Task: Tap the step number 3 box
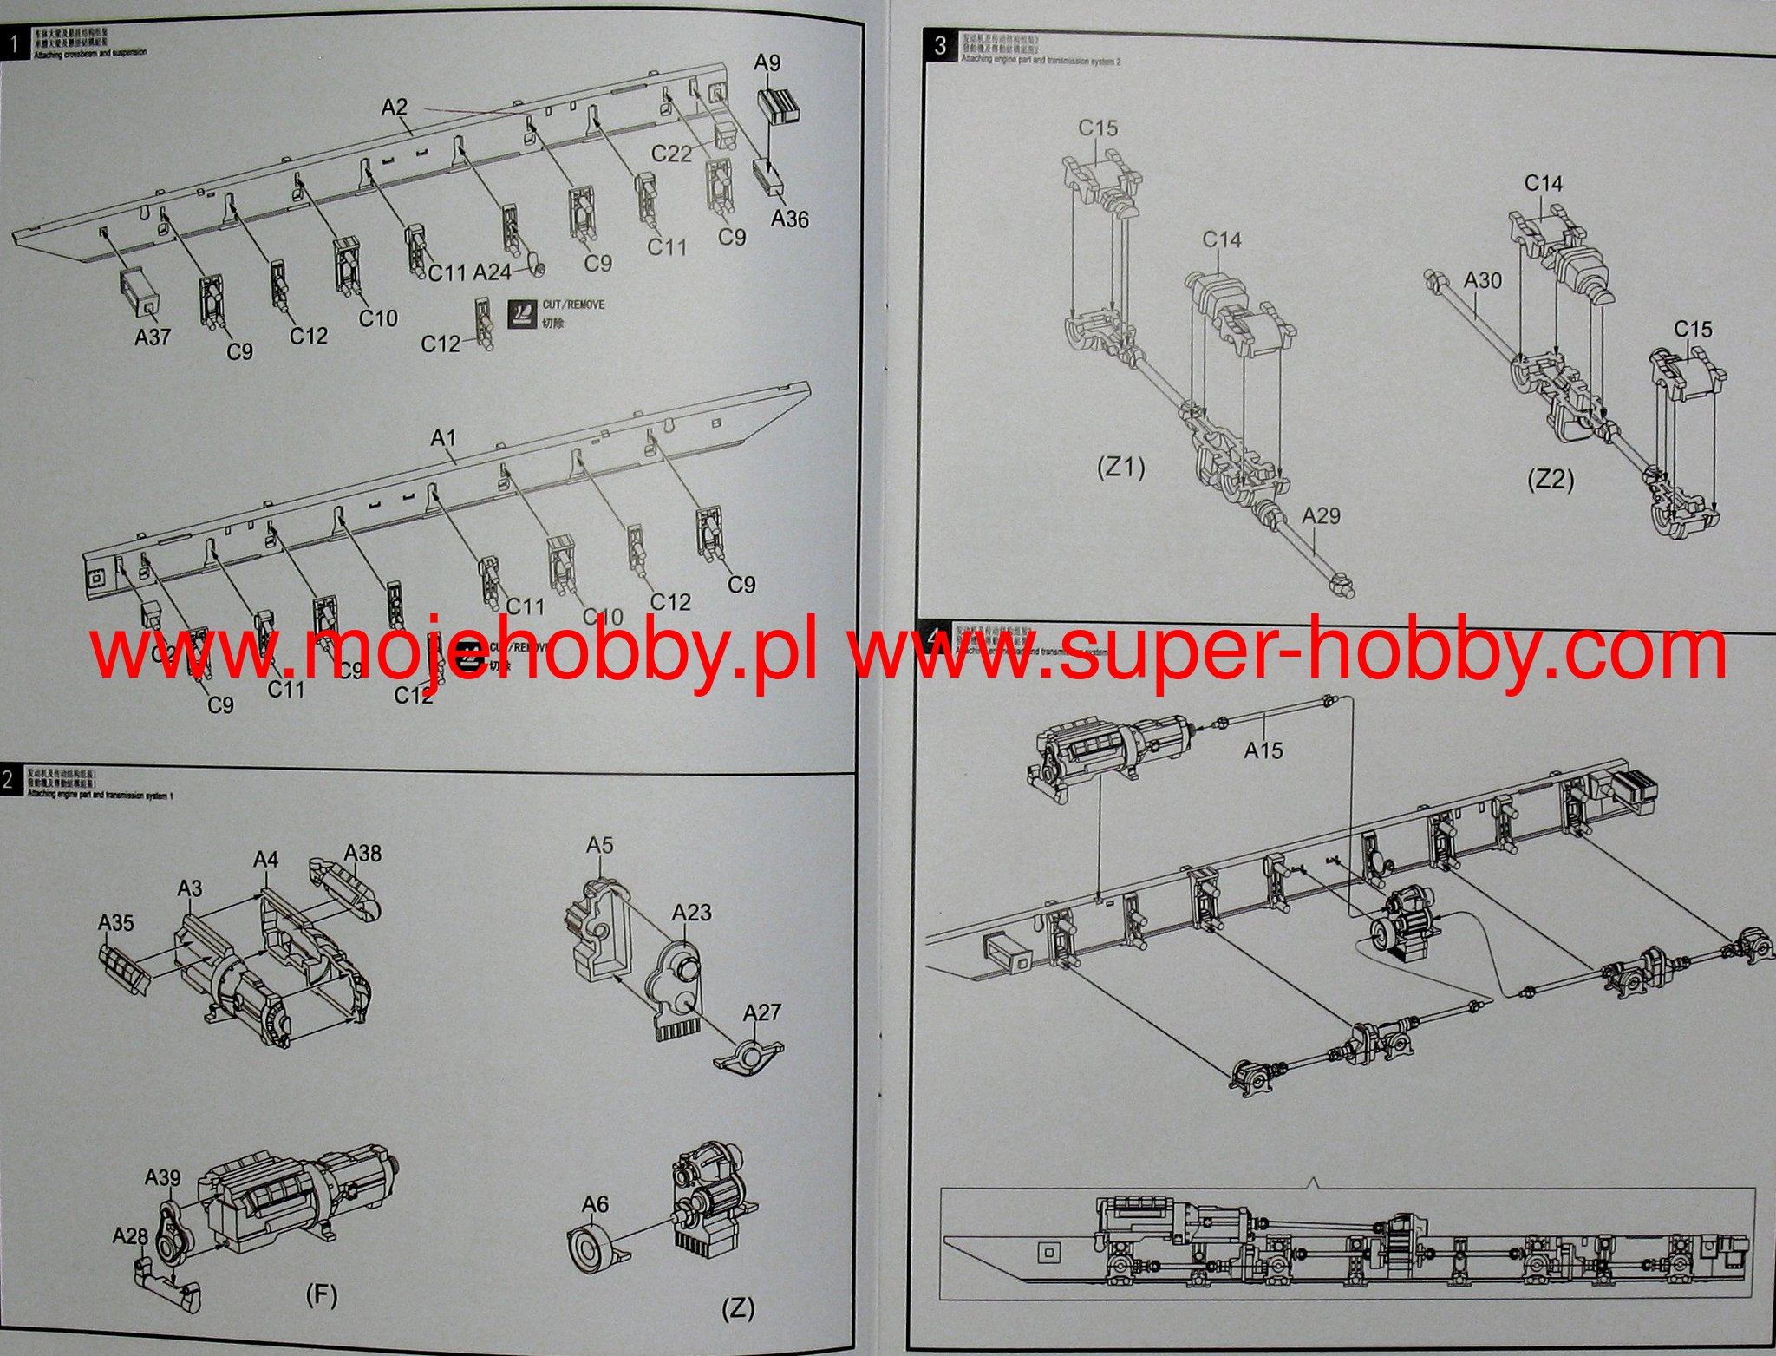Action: pyautogui.click(x=941, y=45)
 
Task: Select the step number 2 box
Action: pyautogui.click(x=9, y=780)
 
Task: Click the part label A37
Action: pyautogui.click(x=153, y=337)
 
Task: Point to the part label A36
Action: pyautogui.click(x=789, y=219)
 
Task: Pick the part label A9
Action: pyautogui.click(x=767, y=62)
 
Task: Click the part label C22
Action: pyautogui.click(x=671, y=154)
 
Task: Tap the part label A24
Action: pyautogui.click(x=492, y=272)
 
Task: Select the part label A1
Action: pyautogui.click(x=443, y=438)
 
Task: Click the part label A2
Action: pyautogui.click(x=394, y=107)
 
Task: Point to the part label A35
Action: pyautogui.click(x=115, y=922)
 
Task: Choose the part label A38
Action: pyautogui.click(x=362, y=853)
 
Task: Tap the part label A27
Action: pyautogui.click(x=762, y=1012)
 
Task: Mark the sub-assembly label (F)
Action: pyautogui.click(x=321, y=1295)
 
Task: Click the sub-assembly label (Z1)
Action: pyautogui.click(x=1120, y=468)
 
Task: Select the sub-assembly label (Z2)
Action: pyautogui.click(x=1550, y=479)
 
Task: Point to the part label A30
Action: pyautogui.click(x=1482, y=280)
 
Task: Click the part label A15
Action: pyautogui.click(x=1263, y=750)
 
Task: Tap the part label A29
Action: pyautogui.click(x=1321, y=515)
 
